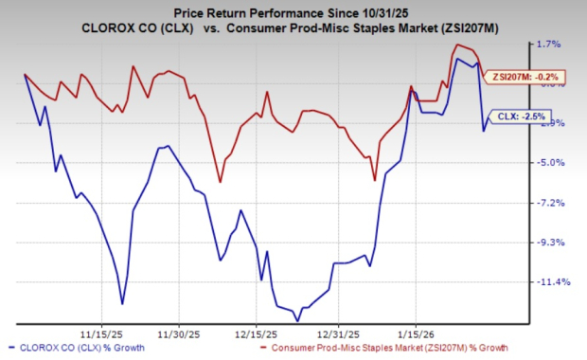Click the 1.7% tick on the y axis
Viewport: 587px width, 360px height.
coord(549,44)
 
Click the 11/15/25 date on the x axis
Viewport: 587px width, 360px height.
coord(99,333)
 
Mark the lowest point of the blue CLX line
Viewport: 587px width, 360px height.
coord(297,321)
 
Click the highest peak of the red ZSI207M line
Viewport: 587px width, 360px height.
coord(458,45)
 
